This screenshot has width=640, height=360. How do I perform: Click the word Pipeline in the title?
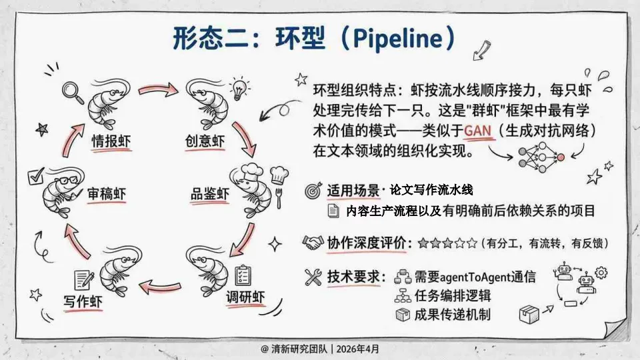396,39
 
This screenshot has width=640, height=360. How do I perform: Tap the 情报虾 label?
111,141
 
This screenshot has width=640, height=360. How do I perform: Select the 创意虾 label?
205,141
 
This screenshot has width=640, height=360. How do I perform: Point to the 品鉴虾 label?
210,193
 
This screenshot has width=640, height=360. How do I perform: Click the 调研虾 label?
246,297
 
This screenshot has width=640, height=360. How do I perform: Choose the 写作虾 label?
83,301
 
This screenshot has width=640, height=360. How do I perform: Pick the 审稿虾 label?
107,194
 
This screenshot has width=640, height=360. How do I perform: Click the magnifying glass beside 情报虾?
73,92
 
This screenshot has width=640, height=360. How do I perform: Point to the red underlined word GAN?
477,131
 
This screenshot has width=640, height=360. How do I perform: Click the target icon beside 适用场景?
313,191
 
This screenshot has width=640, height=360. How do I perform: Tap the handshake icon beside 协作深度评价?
313,243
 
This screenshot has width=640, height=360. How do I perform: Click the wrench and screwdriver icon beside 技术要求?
313,277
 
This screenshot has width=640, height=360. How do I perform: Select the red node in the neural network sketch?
561,157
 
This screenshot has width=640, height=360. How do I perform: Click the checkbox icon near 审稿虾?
36,176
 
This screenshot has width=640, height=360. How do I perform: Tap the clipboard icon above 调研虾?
243,275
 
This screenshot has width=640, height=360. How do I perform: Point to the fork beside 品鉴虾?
279,198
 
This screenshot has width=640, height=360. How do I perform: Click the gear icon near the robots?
601,272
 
